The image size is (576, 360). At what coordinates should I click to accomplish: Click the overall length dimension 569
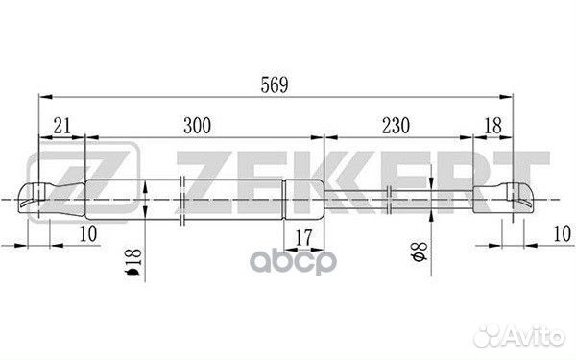275,85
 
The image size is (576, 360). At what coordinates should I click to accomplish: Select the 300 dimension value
197,126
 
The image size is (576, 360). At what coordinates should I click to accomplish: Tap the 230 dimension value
396,126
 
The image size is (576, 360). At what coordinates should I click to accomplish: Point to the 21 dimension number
61,126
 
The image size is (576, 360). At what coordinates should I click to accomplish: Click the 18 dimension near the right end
492,126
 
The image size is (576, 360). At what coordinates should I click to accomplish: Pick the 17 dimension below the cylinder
303,238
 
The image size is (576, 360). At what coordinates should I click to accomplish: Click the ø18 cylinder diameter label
133,262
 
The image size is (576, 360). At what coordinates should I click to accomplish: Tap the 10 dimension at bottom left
88,234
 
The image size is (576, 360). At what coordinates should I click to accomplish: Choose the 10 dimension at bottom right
562,234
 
